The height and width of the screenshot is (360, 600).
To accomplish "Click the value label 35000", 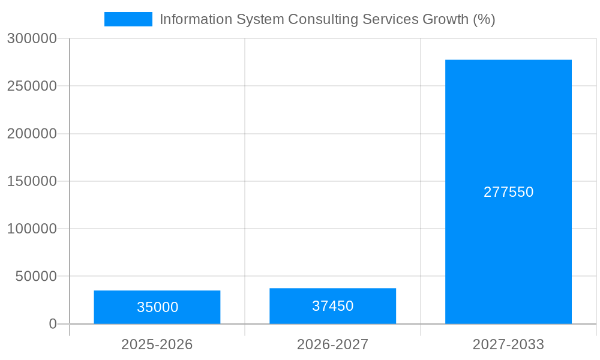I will point(157,307).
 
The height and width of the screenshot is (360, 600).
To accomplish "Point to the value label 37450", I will point(332,306).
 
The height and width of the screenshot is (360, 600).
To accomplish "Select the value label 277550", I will point(508,192).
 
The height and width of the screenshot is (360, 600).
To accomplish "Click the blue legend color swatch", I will point(128,19).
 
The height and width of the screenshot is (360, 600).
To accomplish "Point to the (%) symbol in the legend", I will point(484,19).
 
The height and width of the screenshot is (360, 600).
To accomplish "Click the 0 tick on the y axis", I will point(53,324).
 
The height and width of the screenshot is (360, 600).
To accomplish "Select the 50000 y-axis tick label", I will point(36,277).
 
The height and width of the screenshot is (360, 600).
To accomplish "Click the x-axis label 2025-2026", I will point(157,344).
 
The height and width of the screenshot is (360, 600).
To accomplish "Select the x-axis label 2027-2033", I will point(508,344).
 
